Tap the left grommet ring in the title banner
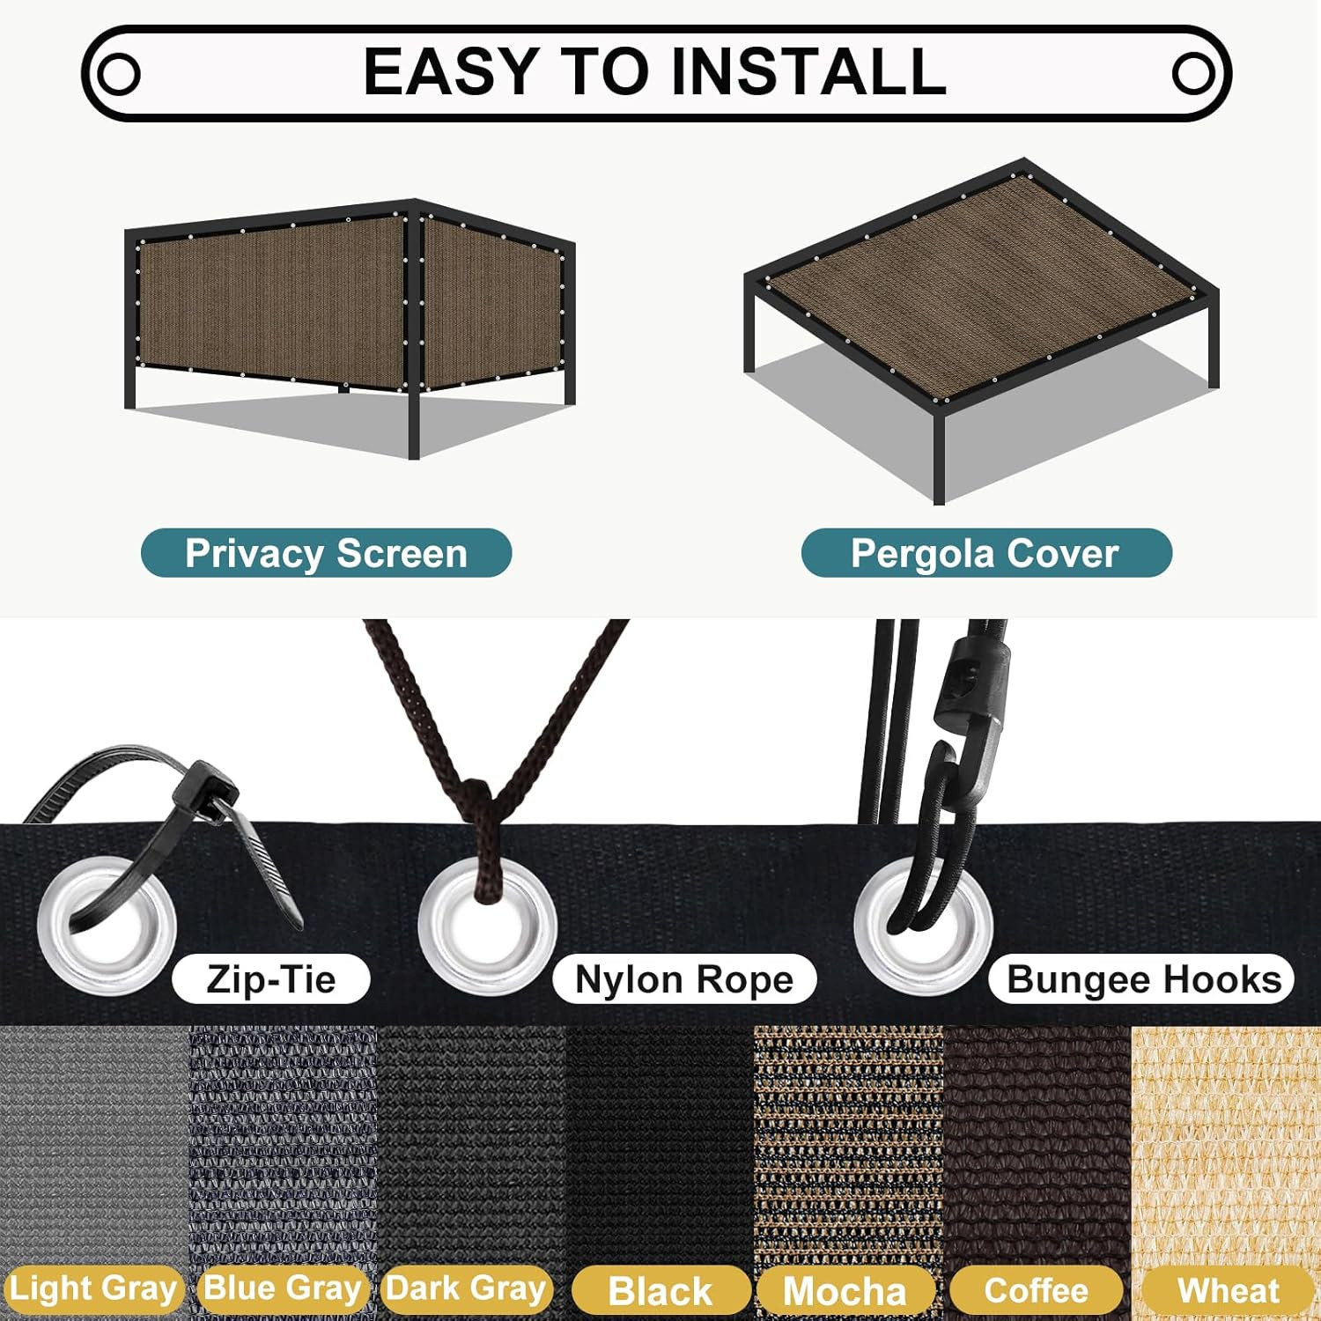click(x=118, y=74)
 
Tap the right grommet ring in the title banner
click(x=1193, y=74)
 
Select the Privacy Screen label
click(x=326, y=554)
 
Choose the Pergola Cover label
click(x=985, y=554)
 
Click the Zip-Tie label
click(x=271, y=979)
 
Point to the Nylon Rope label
click(x=684, y=979)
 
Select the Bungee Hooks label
click(x=1143, y=979)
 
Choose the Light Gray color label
click(x=92, y=1288)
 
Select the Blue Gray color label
click(x=283, y=1288)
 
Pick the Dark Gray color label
click(x=467, y=1288)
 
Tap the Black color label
click(x=660, y=1291)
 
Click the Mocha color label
click(x=845, y=1291)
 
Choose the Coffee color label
click(x=1037, y=1291)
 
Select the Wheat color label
click(x=1229, y=1291)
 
